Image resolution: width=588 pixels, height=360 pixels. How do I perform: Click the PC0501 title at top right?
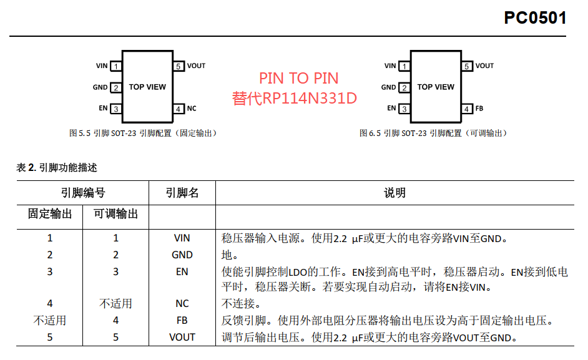point(535,17)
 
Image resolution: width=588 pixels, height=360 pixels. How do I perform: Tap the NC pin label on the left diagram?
point(192,109)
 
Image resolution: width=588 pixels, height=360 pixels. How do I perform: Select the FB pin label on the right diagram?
point(479,109)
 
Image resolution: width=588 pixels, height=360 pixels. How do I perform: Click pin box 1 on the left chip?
point(116,66)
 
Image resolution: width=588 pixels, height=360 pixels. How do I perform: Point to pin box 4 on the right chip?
point(467,109)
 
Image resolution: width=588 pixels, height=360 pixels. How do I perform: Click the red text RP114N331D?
point(310,98)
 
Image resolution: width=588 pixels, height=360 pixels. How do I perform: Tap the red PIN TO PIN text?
point(299,79)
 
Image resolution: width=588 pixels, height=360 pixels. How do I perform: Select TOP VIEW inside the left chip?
point(147,87)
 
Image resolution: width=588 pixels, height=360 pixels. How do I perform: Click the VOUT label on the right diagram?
point(484,66)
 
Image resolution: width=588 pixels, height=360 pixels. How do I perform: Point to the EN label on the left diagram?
point(103,108)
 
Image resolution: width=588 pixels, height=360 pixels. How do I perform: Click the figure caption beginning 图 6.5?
point(433,133)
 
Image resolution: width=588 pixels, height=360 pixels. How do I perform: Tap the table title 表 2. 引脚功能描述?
point(57,168)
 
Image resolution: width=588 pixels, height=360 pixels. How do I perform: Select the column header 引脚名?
point(182,193)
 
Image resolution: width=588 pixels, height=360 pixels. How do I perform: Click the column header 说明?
point(394,193)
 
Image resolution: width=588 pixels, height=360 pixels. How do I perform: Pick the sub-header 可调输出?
point(116,214)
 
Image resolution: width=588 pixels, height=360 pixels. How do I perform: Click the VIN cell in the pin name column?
point(182,238)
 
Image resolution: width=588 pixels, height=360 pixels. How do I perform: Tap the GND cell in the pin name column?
point(182,255)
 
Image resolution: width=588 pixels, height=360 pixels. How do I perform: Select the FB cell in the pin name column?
point(182,321)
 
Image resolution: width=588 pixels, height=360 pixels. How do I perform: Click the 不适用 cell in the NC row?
point(116,303)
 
